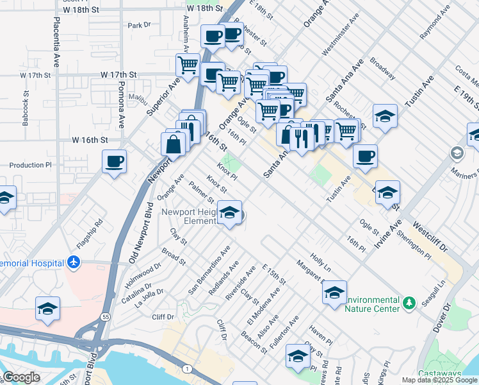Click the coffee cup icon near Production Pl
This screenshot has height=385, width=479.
pos(114,161)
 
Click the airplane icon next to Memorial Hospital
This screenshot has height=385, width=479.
pos(74,262)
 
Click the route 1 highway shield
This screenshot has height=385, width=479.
pos(186,368)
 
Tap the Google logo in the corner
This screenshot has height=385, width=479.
pos(21,377)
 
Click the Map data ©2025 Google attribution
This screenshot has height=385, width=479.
pos(439,380)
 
